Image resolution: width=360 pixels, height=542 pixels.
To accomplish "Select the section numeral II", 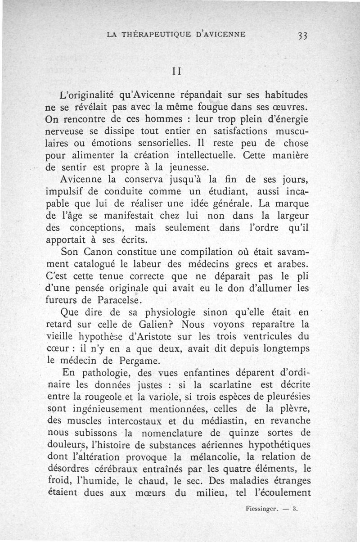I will click(x=176, y=71).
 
